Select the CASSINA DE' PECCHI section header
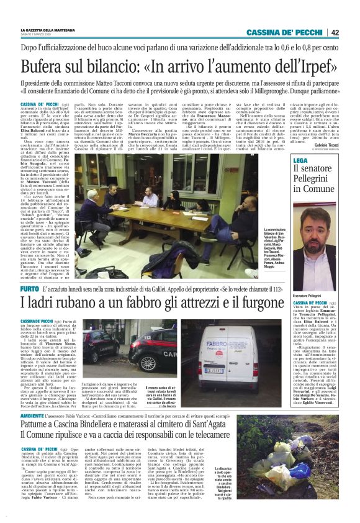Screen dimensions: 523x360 284,32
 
